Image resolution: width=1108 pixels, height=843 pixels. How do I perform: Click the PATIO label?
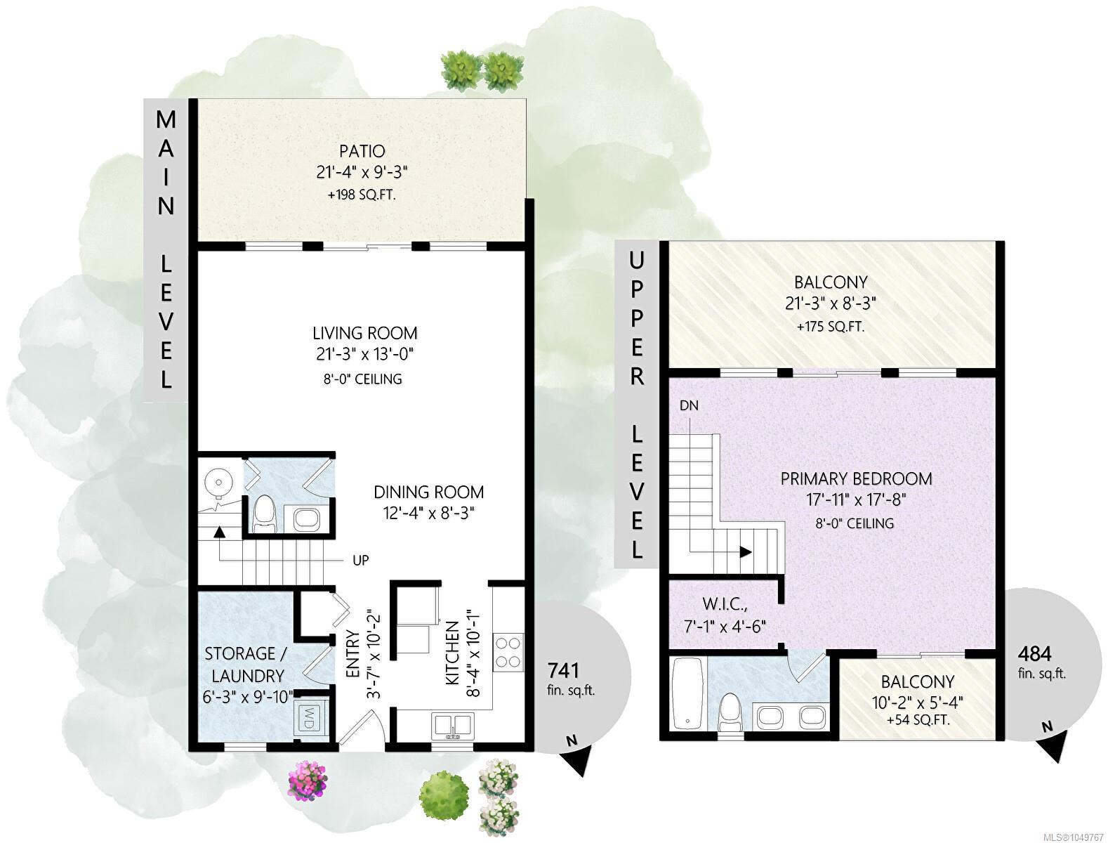click(x=362, y=151)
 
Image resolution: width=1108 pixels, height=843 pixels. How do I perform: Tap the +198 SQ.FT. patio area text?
click(x=362, y=195)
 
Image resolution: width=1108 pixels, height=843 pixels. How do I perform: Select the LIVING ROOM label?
click(x=365, y=333)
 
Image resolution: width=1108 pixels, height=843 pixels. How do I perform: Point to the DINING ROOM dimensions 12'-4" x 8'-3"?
click(x=428, y=514)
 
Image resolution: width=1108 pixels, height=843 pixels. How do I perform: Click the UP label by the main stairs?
click(x=360, y=561)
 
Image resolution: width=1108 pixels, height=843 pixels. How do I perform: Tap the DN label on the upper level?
click(x=689, y=405)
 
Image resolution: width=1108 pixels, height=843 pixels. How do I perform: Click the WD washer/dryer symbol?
click(x=308, y=718)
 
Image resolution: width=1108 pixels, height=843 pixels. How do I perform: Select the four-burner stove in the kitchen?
click(x=508, y=652)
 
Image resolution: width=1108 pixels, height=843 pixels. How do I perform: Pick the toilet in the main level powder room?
click(x=265, y=514)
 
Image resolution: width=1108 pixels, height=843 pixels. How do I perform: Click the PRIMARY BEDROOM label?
click(x=856, y=478)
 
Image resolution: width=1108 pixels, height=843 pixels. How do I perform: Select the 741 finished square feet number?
click(x=563, y=670)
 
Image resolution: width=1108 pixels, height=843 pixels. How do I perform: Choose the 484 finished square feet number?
click(x=1035, y=654)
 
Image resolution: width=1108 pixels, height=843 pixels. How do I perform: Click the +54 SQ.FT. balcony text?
click(x=918, y=720)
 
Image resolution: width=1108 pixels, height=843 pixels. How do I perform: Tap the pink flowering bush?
click(x=308, y=780)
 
